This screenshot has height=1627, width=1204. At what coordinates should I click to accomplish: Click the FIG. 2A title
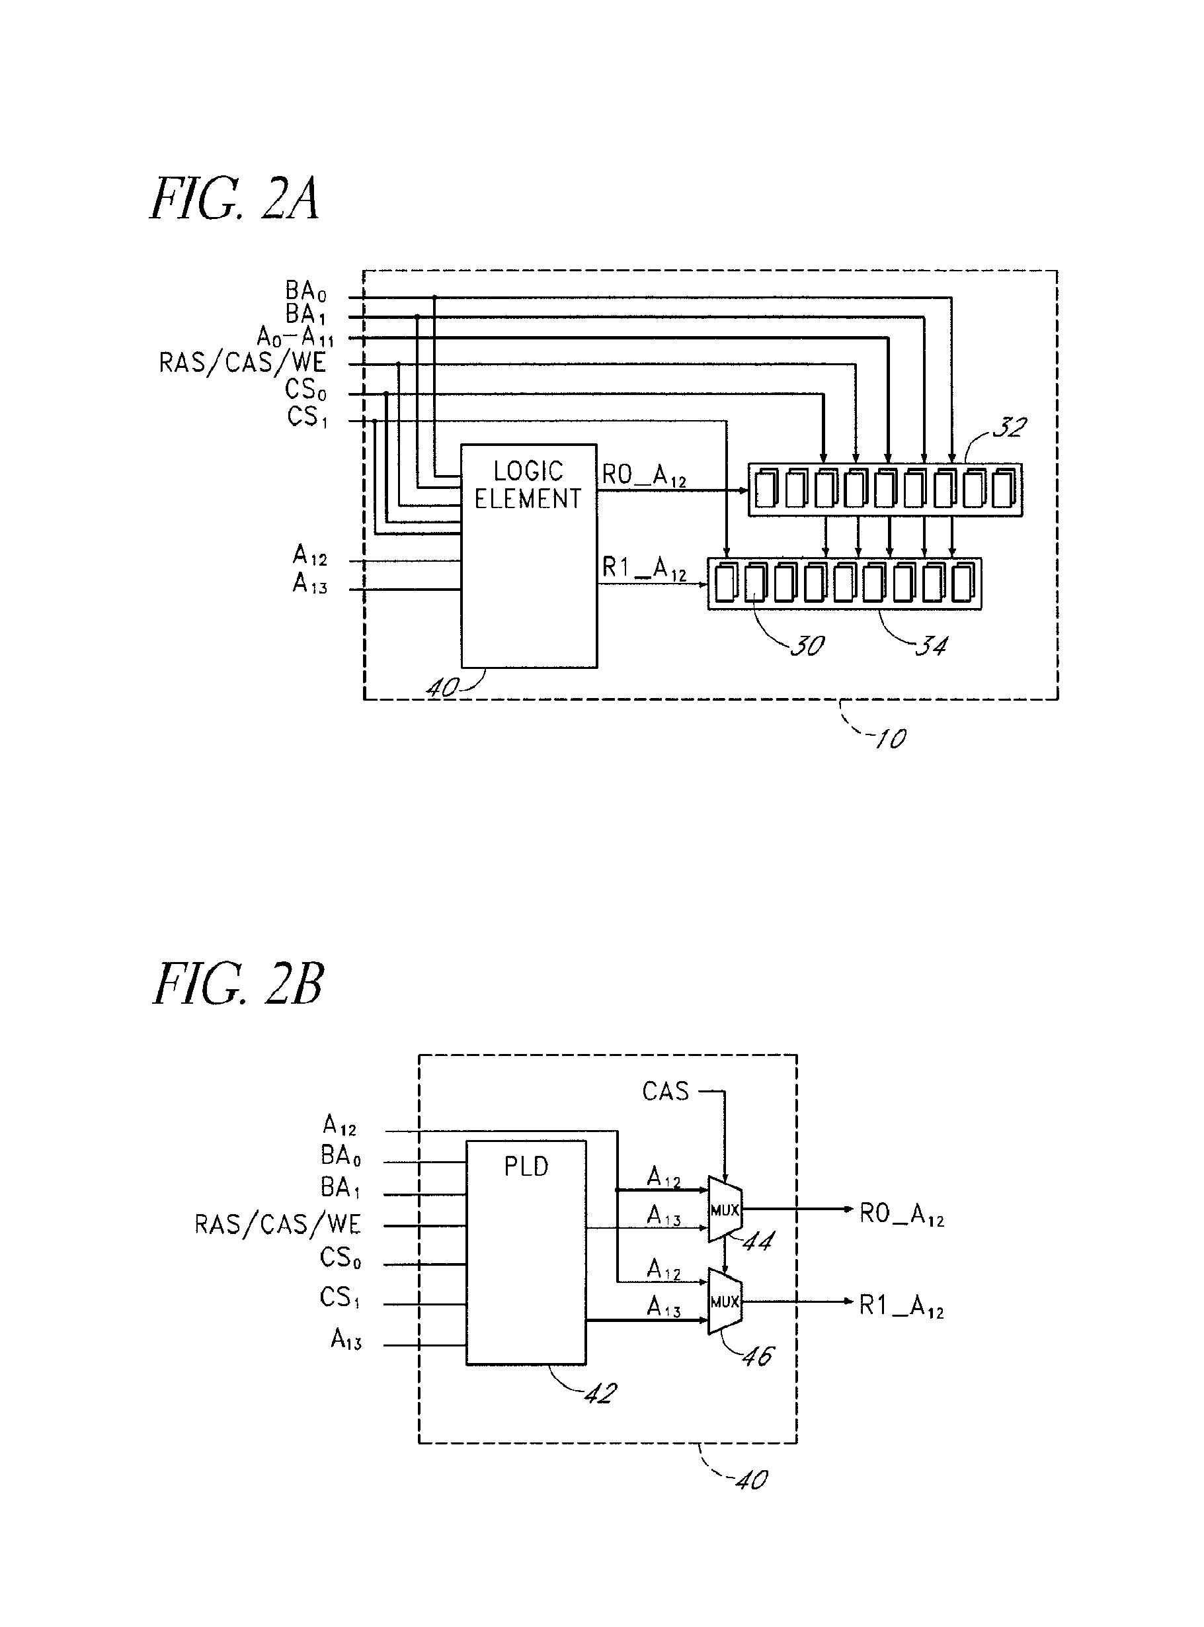coord(235,198)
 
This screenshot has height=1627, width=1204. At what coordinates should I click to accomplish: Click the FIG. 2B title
coord(238,984)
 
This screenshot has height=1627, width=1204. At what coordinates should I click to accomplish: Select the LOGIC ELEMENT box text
coord(528,485)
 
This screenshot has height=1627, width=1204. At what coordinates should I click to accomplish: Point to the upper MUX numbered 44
coord(725,1210)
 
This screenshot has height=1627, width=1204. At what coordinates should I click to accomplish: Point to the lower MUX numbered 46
coord(725,1301)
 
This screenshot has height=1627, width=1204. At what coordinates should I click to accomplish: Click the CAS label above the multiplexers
coord(665,1091)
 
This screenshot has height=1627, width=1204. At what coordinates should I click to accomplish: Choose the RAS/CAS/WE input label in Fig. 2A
coord(243,363)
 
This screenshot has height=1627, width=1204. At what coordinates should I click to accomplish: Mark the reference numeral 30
coord(807,645)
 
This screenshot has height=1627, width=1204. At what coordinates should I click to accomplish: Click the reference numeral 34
coord(931,645)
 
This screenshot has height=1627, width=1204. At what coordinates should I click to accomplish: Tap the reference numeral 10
coord(890,739)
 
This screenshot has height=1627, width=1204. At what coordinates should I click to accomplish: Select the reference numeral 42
coord(600,1393)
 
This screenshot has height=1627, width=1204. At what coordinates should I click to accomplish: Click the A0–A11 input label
coord(295,337)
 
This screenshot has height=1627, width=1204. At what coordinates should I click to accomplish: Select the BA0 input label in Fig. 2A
coord(305,292)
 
